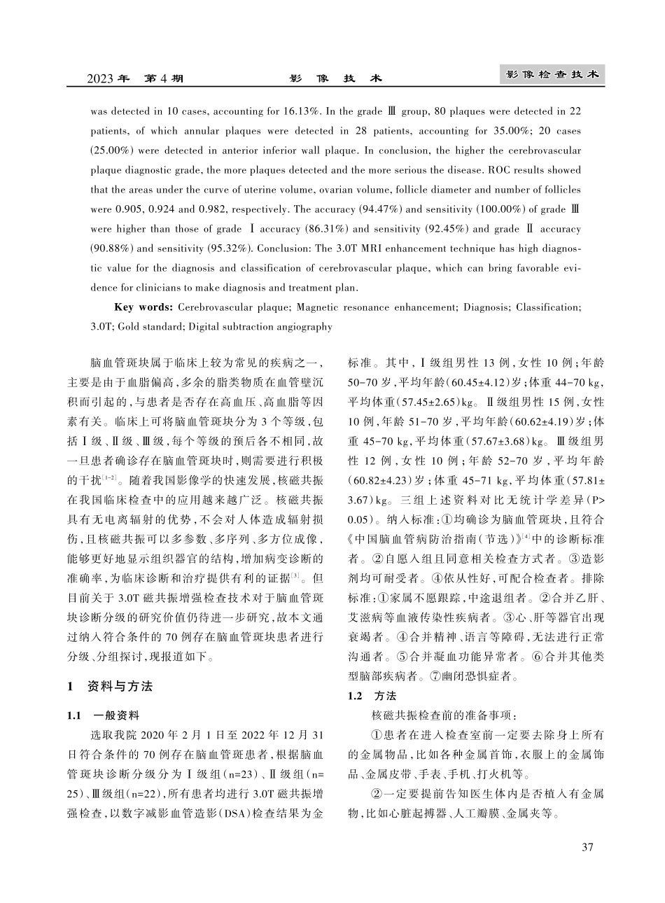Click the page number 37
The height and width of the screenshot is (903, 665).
click(587, 848)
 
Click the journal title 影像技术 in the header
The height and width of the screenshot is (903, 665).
click(335, 78)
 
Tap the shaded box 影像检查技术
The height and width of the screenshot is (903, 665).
click(553, 75)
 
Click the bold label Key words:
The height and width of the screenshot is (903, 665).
click(143, 307)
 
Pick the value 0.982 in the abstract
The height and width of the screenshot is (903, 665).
click(216, 209)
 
